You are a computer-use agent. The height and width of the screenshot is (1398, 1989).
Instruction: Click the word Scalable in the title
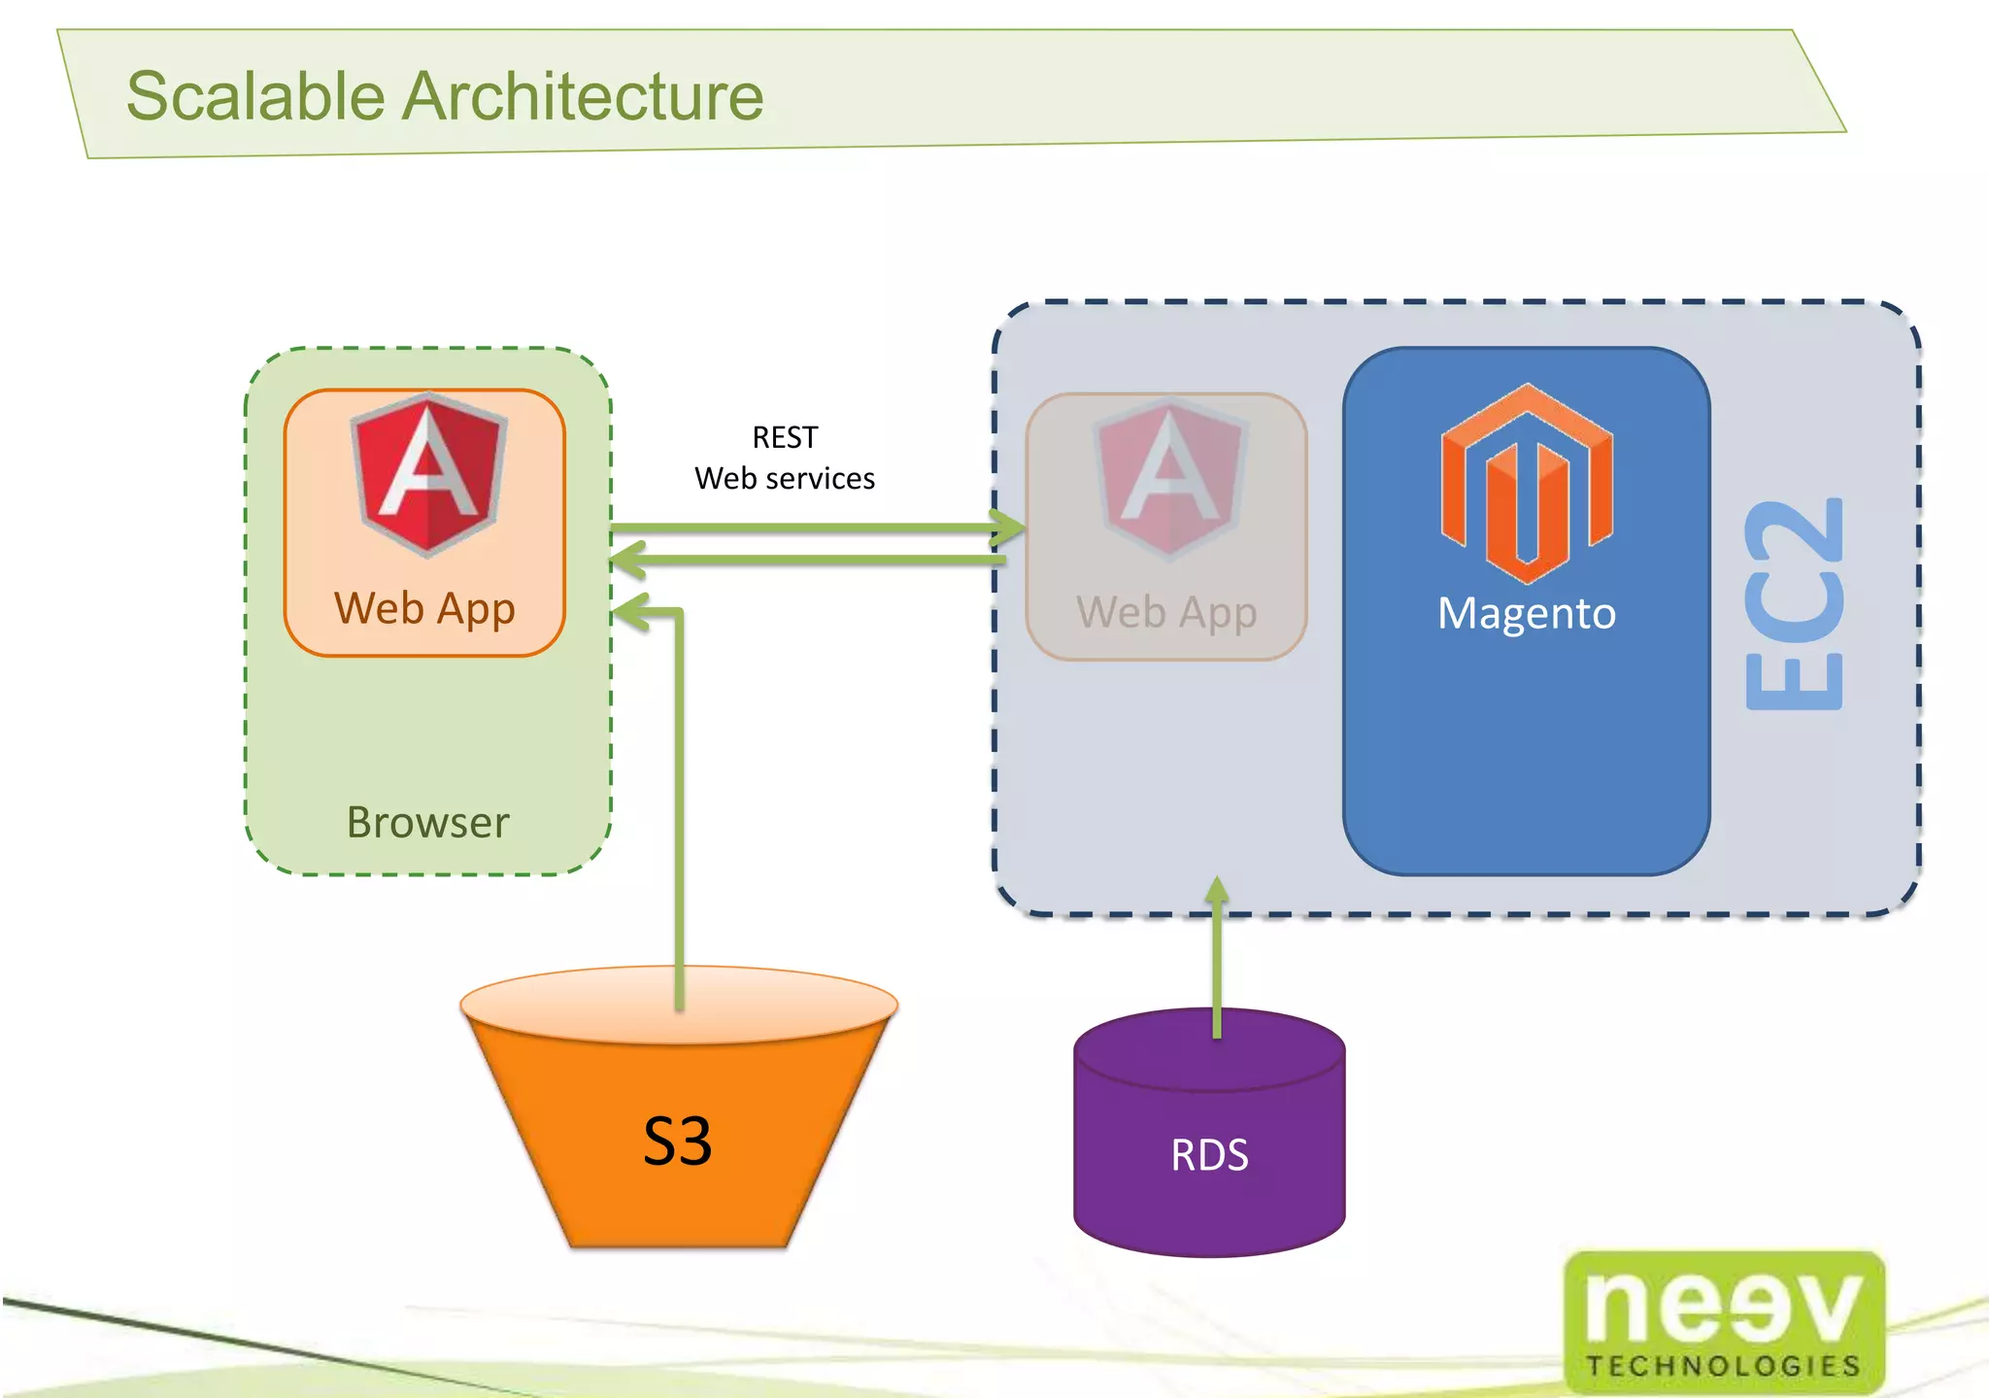pyautogui.click(x=255, y=96)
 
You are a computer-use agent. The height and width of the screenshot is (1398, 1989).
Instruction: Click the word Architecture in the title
pyautogui.click(x=583, y=96)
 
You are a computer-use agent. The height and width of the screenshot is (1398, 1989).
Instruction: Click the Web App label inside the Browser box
pyautogui.click(x=424, y=609)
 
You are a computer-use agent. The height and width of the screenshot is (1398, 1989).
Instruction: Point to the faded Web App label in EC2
pyautogui.click(x=1166, y=613)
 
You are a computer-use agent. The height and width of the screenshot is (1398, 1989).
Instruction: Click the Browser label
pyautogui.click(x=427, y=823)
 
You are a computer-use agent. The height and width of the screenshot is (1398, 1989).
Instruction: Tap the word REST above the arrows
pyautogui.click(x=785, y=437)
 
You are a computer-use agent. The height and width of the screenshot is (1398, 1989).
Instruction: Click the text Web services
pyautogui.click(x=785, y=478)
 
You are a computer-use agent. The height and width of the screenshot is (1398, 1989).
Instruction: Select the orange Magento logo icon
pyautogui.click(x=1527, y=483)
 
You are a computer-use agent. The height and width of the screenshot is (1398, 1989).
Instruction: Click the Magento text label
pyautogui.click(x=1527, y=613)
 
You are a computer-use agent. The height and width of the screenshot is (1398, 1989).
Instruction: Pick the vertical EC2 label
pyautogui.click(x=1793, y=604)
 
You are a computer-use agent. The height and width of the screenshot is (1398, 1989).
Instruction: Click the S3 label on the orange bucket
pyautogui.click(x=677, y=1141)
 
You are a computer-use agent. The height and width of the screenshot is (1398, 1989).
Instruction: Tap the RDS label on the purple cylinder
pyautogui.click(x=1209, y=1155)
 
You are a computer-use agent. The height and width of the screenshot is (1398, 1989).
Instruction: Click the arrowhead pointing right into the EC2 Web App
pyautogui.click(x=1010, y=529)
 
